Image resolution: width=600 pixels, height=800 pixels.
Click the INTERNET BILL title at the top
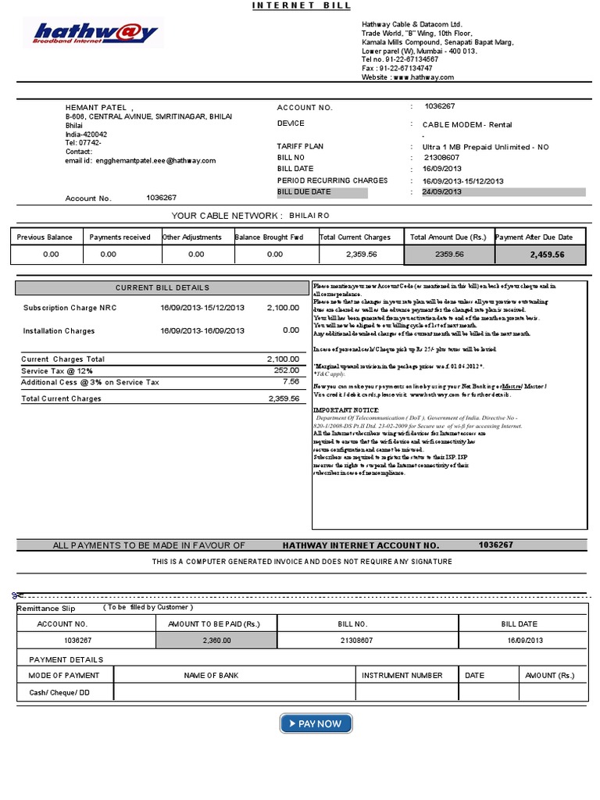coord(301,6)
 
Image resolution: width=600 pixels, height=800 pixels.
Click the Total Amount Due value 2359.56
coord(449,255)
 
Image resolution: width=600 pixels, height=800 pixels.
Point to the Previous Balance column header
coord(45,237)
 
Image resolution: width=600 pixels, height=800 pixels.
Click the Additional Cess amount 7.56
coord(290,382)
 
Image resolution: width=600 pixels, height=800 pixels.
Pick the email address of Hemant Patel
coord(152,161)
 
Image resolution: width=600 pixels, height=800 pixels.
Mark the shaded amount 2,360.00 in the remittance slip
coord(216,641)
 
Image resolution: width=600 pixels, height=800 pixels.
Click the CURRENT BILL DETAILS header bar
coord(162,288)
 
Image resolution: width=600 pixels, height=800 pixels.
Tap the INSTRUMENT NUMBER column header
coord(406,676)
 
